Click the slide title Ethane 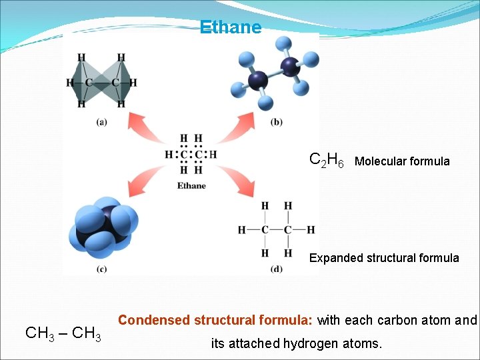231,27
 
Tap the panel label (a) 102,121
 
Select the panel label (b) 277,121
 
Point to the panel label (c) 102,269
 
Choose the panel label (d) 277,269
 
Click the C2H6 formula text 327,161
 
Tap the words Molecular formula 402,161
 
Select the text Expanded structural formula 384,258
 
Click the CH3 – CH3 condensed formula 63,333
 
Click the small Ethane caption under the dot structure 191,185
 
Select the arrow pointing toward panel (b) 236,125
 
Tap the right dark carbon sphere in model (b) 290,66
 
